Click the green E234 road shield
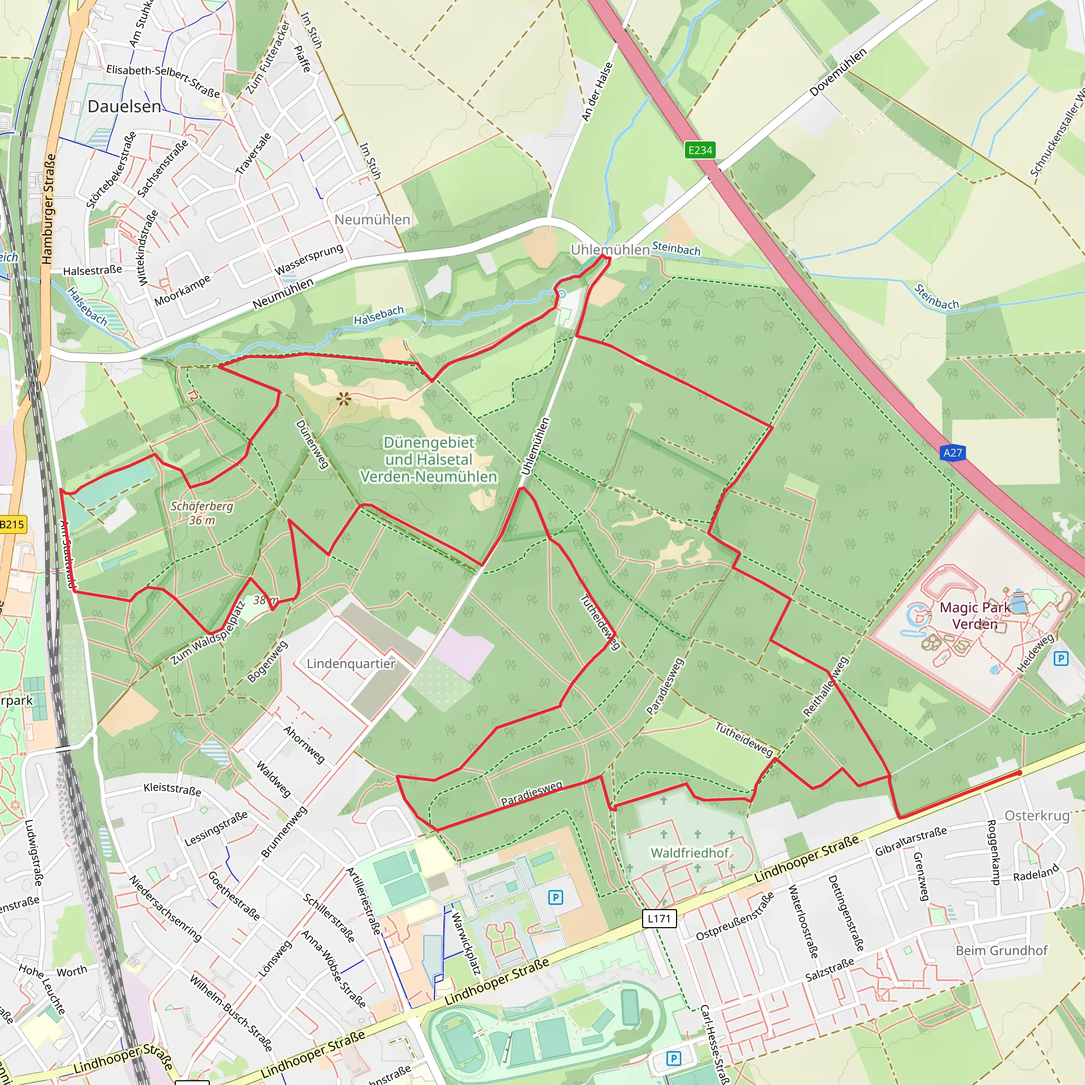(700, 150)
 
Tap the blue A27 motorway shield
(953, 452)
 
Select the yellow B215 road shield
(11, 524)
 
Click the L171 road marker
(659, 919)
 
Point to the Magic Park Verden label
(975, 616)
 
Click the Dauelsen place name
(124, 106)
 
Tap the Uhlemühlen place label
(610, 250)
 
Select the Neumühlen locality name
(372, 219)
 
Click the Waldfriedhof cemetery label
(690, 853)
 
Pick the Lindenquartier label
(351, 664)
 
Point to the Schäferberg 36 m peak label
(202, 513)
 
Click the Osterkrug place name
(1037, 815)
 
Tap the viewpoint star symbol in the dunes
(344, 399)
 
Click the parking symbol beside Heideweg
(1060, 658)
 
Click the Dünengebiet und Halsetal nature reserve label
(429, 459)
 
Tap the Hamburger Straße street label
(48, 209)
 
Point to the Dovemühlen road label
(838, 72)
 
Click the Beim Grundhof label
(1001, 950)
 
